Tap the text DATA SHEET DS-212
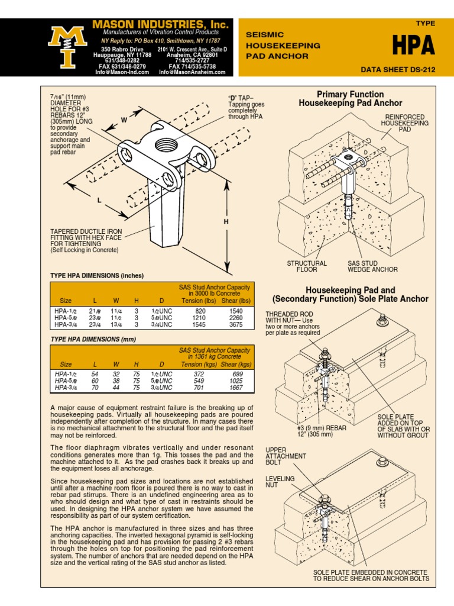coord(398,69)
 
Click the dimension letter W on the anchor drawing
coord(124,120)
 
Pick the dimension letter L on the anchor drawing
coord(99,201)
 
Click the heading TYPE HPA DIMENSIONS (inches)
coord(97,275)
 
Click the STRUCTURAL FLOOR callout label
coord(307,266)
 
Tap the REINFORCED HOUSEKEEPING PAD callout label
coord(404,123)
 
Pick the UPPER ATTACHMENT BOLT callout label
coord(286,456)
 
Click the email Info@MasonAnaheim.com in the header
coord(192,72)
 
